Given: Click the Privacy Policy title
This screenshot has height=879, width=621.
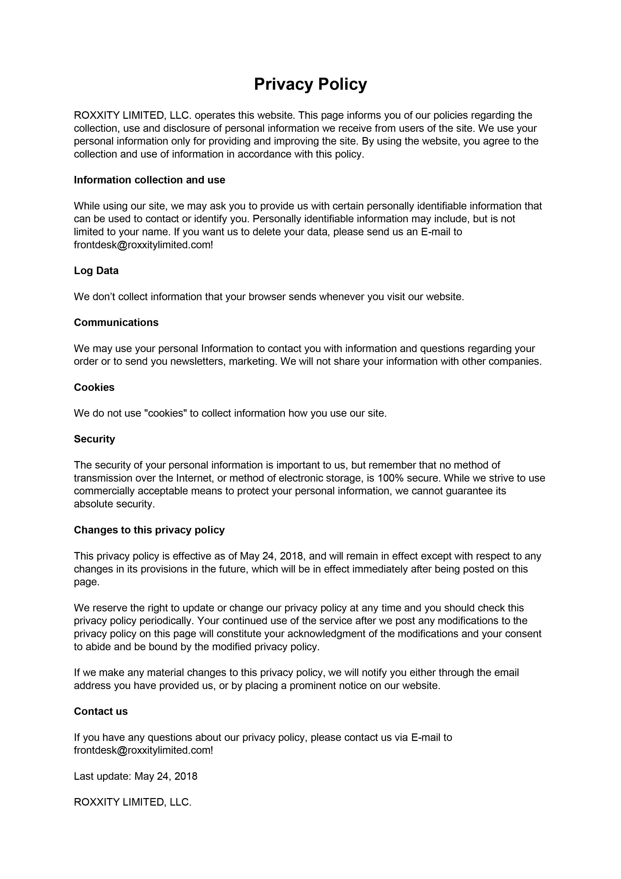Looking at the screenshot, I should (310, 84).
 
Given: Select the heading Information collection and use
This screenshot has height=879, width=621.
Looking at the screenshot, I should (149, 180).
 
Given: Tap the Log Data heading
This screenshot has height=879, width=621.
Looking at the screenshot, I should (96, 271).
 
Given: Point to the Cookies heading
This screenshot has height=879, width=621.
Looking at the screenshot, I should (94, 387).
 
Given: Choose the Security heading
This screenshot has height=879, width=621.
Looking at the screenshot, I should (94, 439).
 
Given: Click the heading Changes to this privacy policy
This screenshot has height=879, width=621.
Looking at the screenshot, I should (149, 530).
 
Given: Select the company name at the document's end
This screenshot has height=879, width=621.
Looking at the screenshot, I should (132, 802).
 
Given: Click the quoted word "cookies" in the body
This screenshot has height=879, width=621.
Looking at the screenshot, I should (165, 413).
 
